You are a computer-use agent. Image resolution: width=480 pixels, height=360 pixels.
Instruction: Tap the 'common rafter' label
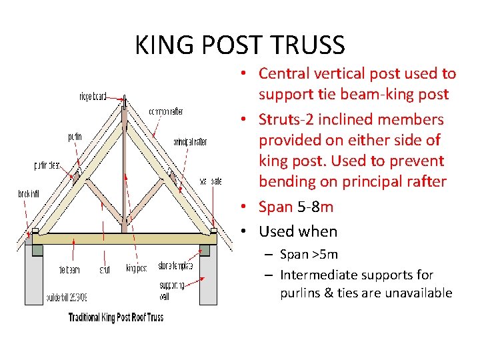click(166, 111)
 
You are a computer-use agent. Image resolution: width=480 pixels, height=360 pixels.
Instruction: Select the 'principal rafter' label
click(190, 142)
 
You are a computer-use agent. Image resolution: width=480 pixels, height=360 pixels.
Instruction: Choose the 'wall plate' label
click(210, 181)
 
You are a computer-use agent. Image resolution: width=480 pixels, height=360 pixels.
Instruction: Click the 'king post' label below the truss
click(136, 268)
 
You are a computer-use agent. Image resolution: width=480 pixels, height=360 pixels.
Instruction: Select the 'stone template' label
click(175, 266)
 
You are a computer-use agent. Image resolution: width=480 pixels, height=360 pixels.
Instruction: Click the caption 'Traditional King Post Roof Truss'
click(116, 317)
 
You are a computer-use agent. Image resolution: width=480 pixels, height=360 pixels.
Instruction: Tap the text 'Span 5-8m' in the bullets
click(296, 207)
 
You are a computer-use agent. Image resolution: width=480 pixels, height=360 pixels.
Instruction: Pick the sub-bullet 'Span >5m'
click(309, 254)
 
